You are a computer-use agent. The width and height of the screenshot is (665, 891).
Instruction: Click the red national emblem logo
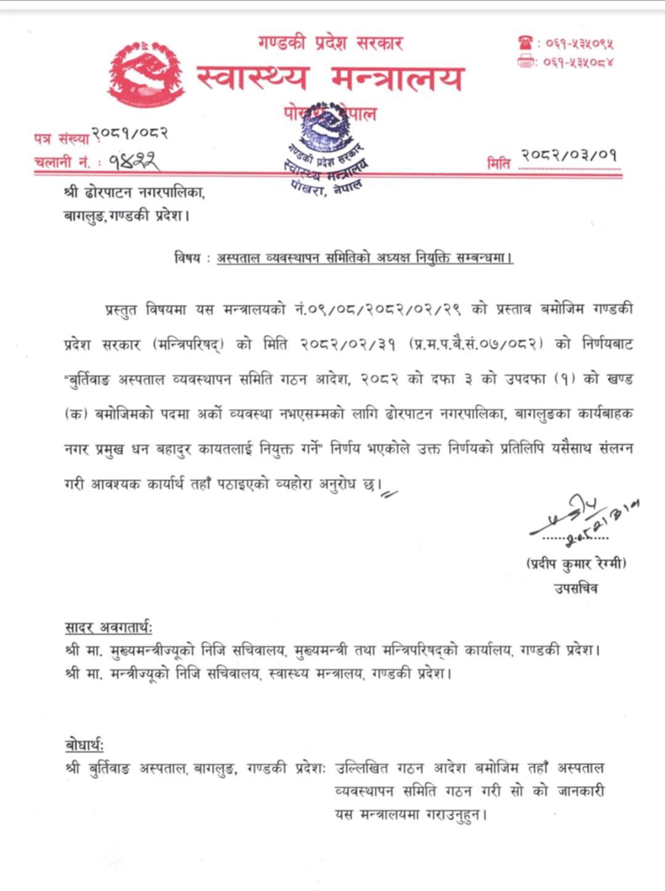coord(146,75)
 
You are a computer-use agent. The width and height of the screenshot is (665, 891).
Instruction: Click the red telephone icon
coord(526,43)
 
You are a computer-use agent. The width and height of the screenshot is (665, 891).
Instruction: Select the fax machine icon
coord(526,62)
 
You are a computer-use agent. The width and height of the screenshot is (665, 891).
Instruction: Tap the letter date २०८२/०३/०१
coord(568,155)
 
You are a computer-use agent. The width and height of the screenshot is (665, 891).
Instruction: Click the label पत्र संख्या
coord(61,139)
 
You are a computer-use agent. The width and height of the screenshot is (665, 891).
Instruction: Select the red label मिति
coord(498,164)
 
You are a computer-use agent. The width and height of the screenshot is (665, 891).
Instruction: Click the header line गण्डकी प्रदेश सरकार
coord(331,43)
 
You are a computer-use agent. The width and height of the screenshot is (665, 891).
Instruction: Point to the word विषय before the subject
coord(187,258)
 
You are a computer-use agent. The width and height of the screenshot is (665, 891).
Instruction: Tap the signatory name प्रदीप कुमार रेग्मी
coord(576,563)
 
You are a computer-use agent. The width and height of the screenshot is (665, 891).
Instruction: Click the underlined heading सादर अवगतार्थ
coord(108,628)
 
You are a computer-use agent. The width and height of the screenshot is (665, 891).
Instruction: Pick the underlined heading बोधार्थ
coord(84,745)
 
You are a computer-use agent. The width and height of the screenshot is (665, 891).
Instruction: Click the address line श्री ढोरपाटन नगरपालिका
coord(134,193)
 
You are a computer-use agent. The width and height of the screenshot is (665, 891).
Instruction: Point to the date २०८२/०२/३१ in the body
coord(348,344)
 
